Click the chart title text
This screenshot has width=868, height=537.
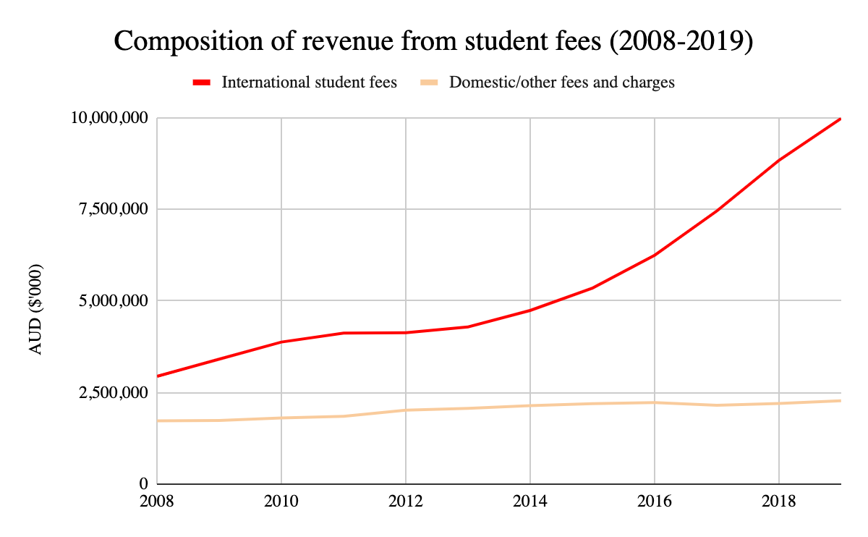(434, 42)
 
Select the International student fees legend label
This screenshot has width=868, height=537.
(309, 82)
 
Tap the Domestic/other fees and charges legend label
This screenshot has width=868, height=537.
(562, 82)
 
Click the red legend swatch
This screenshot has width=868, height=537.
(201, 83)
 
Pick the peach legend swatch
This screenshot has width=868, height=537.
(429, 83)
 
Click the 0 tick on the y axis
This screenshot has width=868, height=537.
(144, 483)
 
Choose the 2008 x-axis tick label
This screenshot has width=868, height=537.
(157, 501)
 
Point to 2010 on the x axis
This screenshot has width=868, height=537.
(281, 501)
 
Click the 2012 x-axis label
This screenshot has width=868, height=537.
(406, 501)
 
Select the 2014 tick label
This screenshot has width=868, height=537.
(530, 501)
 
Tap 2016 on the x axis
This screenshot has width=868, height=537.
(655, 501)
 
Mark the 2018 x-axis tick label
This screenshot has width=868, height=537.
(779, 501)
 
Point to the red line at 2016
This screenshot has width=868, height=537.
(655, 255)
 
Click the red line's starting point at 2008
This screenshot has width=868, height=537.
(158, 376)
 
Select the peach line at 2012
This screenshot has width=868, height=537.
(406, 410)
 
